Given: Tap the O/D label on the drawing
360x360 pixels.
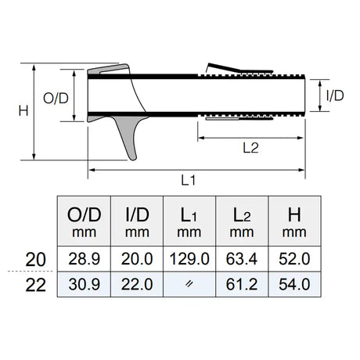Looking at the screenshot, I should [x=56, y=98].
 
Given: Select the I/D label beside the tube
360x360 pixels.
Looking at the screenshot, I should [x=333, y=96].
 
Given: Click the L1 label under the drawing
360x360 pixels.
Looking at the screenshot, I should [x=189, y=180].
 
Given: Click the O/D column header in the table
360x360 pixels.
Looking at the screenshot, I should [x=82, y=220].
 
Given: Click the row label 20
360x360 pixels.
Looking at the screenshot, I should [x=36, y=259].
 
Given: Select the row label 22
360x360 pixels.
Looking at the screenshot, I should [x=36, y=286].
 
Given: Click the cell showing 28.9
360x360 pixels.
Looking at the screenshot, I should [x=82, y=259].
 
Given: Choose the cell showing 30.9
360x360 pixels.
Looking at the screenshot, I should [x=82, y=286].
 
